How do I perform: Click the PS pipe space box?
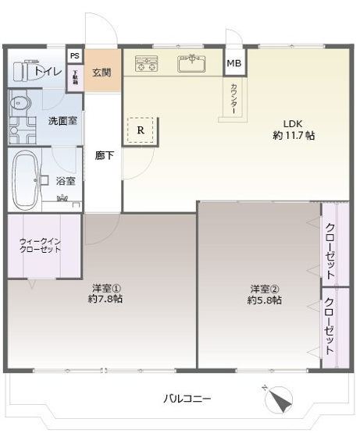(x=74, y=56)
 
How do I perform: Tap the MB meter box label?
(x=234, y=63)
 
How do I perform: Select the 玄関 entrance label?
(x=102, y=73)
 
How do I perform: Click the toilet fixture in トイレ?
(x=27, y=72)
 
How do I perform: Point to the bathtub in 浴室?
(x=26, y=180)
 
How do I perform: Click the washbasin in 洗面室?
(x=20, y=104)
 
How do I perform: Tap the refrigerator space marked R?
(x=141, y=130)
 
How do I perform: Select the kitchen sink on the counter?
(x=191, y=65)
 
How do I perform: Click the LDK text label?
(x=292, y=122)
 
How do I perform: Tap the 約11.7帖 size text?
(x=294, y=135)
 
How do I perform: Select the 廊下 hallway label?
(x=104, y=155)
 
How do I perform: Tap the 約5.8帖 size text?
(x=264, y=300)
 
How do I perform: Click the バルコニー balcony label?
(x=187, y=399)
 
